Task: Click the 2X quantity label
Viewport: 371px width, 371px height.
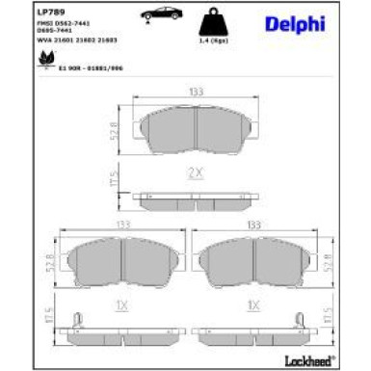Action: click(x=195, y=174)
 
